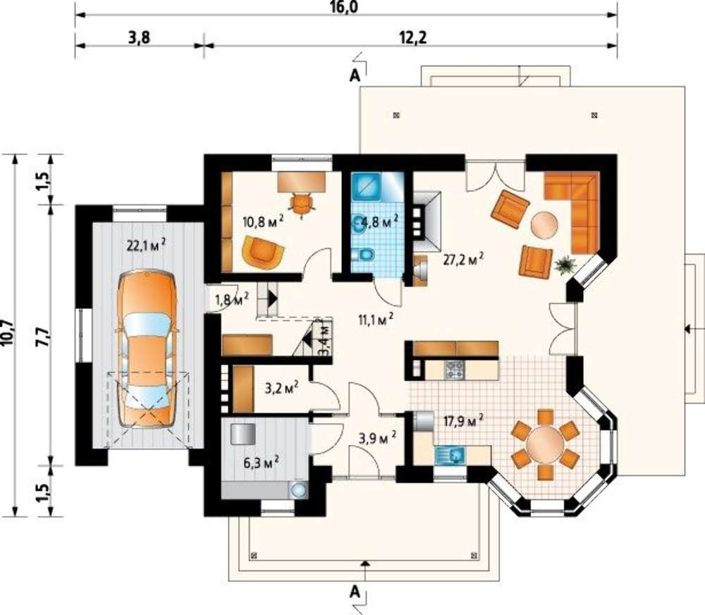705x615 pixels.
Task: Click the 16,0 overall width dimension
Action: pos(345,7)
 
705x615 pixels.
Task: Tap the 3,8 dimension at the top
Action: pos(139,38)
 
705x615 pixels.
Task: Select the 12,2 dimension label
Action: pos(412,38)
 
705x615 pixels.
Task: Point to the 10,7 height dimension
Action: pos(7,334)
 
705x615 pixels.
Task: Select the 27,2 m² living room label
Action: pos(464,260)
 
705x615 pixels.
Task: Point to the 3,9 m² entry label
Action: pos(378,438)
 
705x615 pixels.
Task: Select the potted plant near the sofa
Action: pos(565,264)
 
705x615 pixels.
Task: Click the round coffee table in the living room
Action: pos(545,226)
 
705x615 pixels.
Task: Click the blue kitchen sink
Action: pos(450,456)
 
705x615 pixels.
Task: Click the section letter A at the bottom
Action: pos(355,592)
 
